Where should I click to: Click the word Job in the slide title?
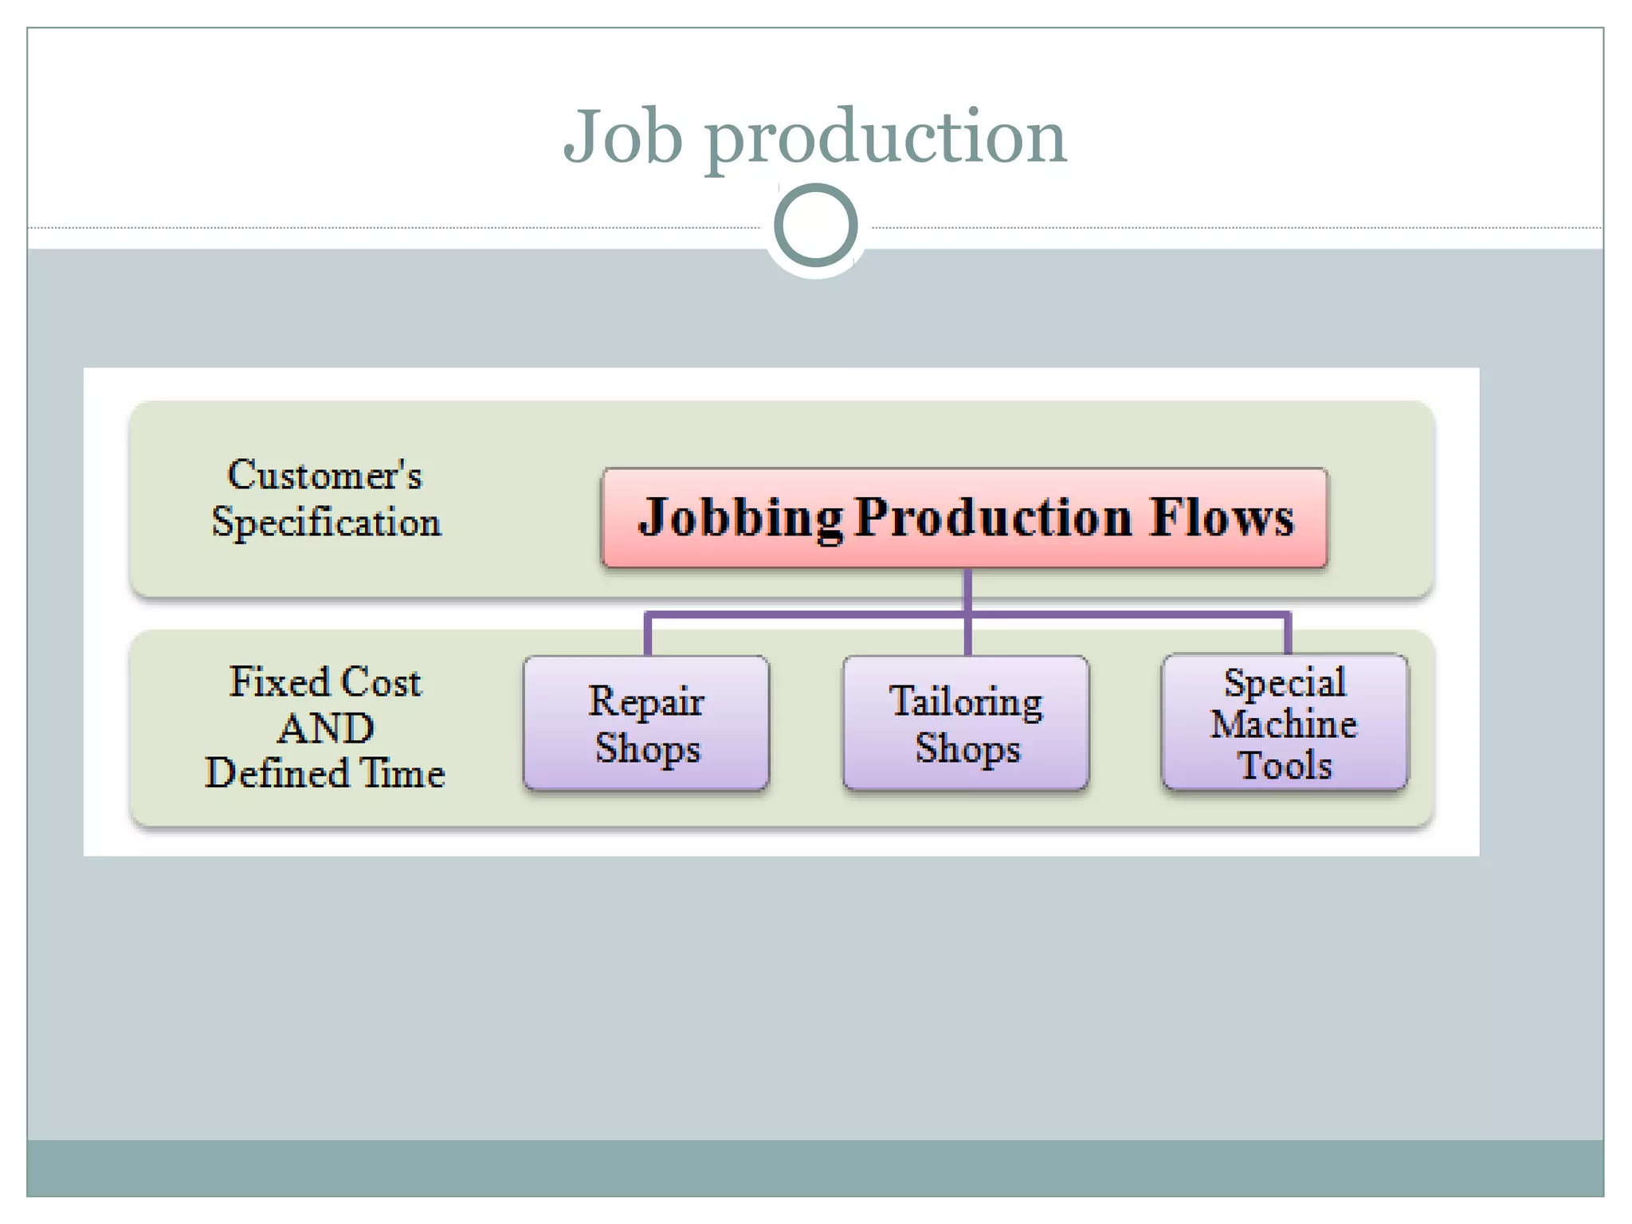click(622, 137)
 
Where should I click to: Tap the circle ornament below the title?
click(815, 225)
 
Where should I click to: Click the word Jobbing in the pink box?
click(740, 518)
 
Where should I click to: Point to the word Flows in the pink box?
click(1222, 518)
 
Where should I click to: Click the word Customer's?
click(324, 475)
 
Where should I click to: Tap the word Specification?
click(326, 523)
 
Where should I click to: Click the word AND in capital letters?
click(326, 728)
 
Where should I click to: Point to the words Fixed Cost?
click(325, 682)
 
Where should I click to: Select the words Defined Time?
click(325, 773)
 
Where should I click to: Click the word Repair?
click(646, 702)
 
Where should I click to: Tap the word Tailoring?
click(966, 702)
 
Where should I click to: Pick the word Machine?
click(1284, 724)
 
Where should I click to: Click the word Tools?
click(1285, 766)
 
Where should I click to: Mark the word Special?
click(1285, 683)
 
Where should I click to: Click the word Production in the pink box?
click(994, 518)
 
